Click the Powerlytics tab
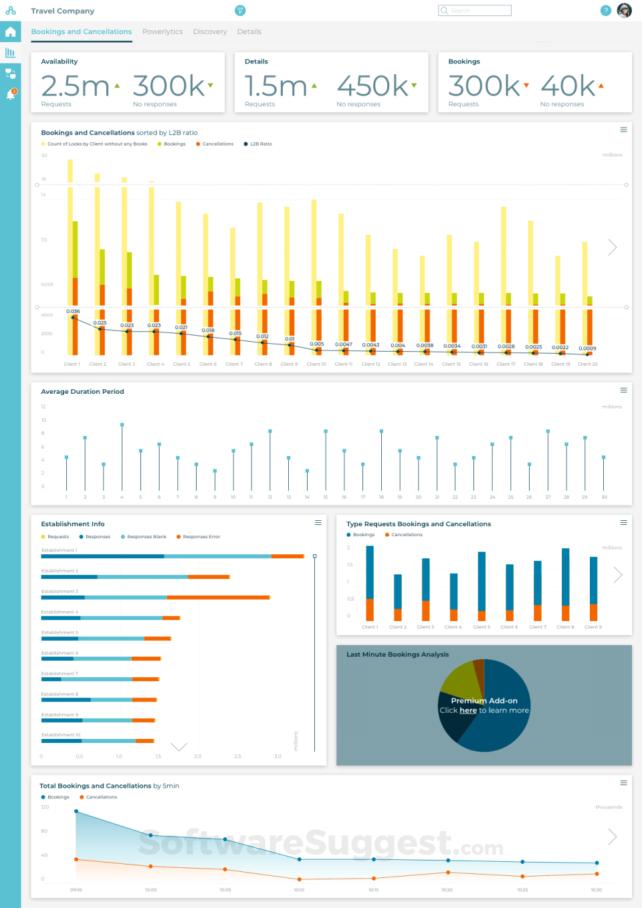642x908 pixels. tap(163, 31)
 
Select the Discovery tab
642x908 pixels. tap(210, 31)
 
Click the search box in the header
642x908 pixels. tap(475, 11)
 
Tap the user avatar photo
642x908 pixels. tap(624, 11)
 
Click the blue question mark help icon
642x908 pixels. tap(605, 11)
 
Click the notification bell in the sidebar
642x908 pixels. tap(11, 95)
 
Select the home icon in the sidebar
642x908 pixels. tap(11, 32)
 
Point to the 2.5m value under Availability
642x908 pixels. tap(75, 86)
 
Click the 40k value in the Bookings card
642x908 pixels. tap(568, 86)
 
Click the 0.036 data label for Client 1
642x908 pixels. tap(73, 311)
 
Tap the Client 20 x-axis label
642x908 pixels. tap(588, 364)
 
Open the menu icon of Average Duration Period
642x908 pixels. tap(623, 390)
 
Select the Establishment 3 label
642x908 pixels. tap(60, 591)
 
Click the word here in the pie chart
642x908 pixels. tap(468, 710)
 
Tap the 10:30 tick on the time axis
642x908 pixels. tap(596, 890)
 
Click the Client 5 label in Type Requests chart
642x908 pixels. tap(481, 627)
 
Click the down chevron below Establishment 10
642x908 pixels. tap(179, 747)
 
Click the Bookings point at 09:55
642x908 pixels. tap(76, 811)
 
